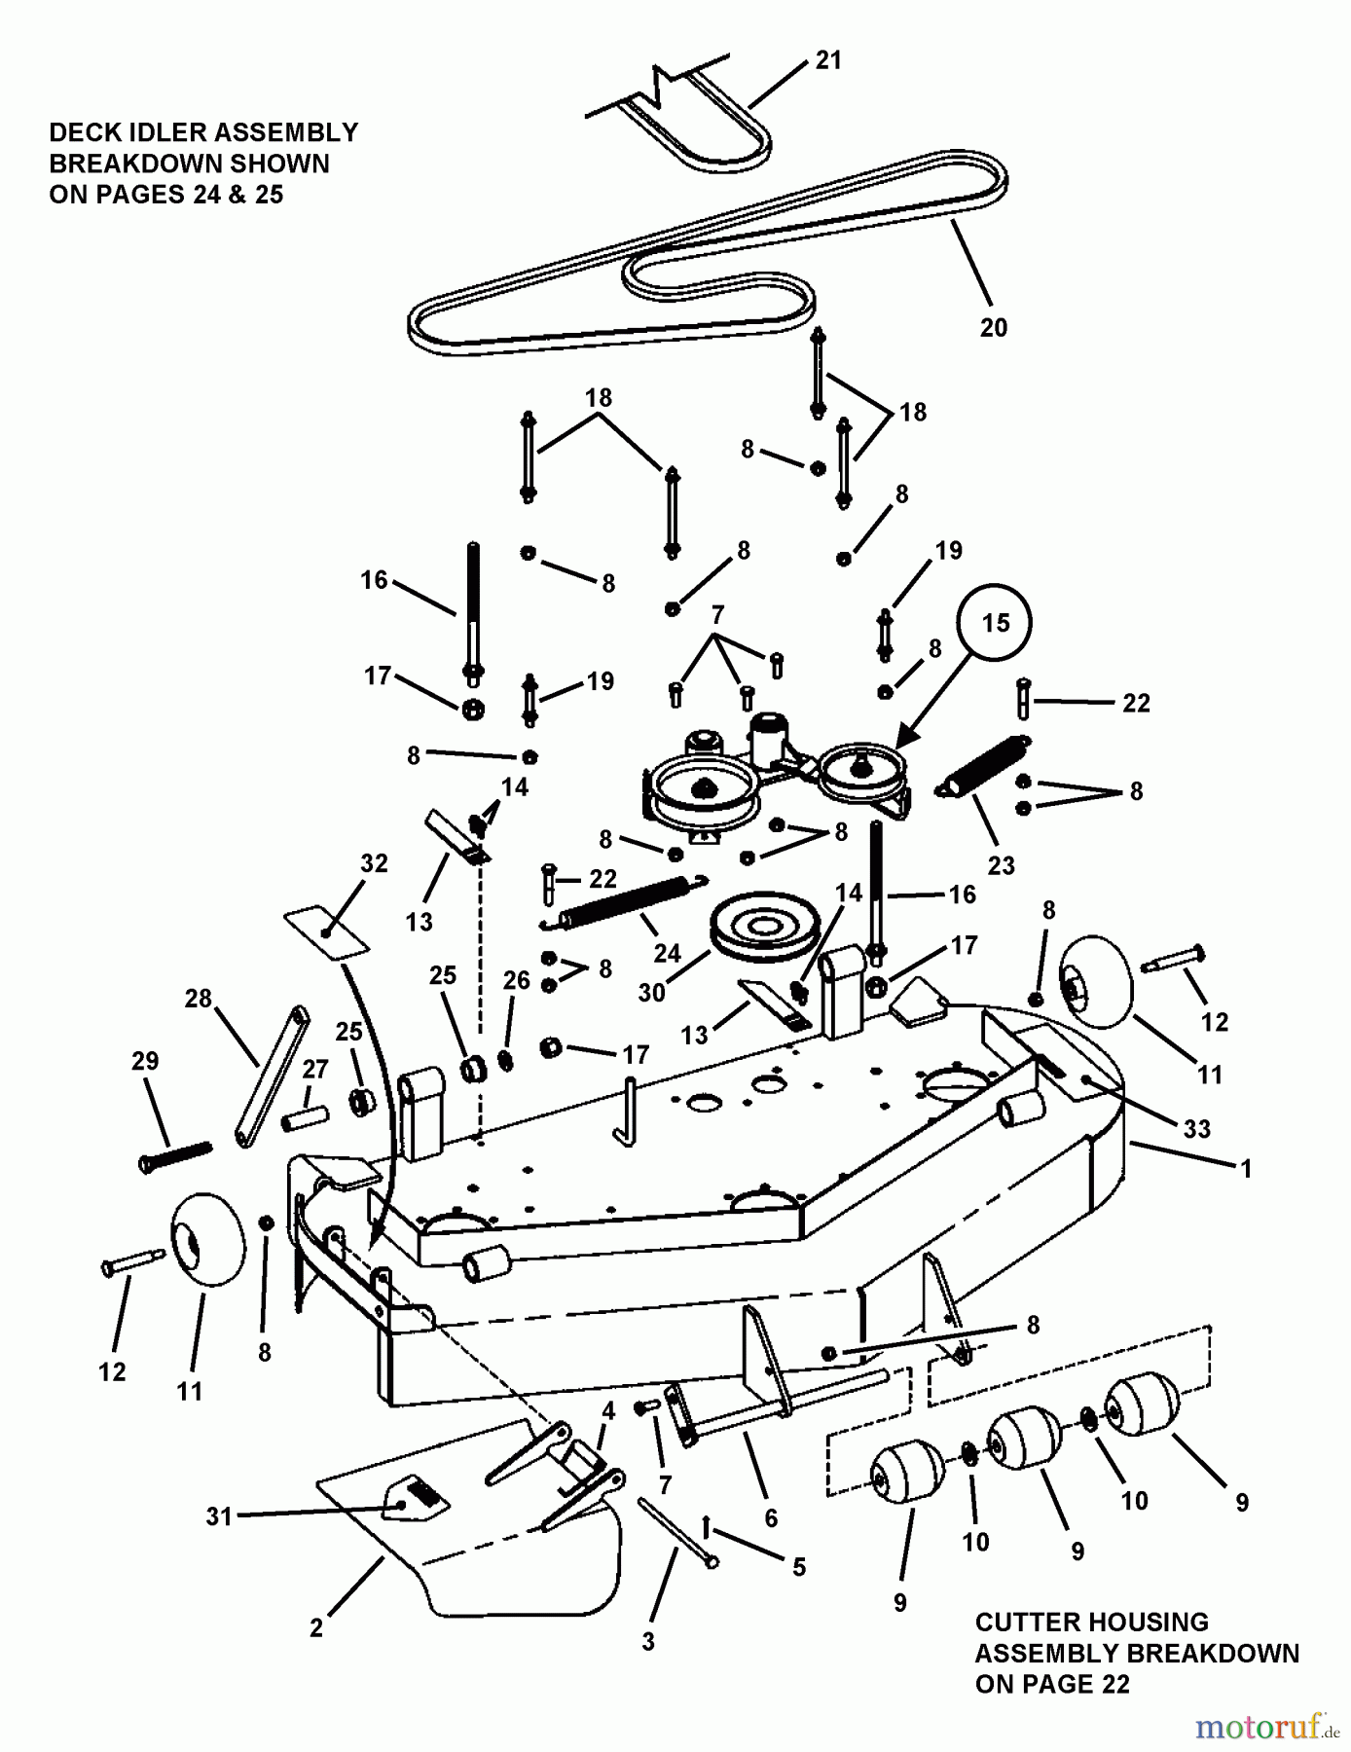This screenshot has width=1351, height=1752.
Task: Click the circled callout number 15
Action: tap(996, 623)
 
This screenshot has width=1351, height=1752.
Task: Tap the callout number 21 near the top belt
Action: tap(827, 60)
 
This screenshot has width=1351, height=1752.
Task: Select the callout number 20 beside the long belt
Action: tap(993, 327)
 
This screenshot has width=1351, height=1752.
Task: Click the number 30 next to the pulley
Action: tap(651, 992)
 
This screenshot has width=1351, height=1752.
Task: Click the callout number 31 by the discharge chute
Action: tap(219, 1515)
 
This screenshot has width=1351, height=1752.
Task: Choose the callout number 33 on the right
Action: tap(1196, 1128)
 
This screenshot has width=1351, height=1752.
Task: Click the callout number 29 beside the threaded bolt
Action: tap(145, 1060)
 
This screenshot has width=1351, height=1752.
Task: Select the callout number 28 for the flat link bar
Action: tap(199, 1000)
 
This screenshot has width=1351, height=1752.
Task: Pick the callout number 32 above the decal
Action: tap(374, 863)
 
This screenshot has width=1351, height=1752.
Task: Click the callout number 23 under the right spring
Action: tap(1001, 864)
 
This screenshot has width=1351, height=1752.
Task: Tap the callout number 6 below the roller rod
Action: tap(771, 1517)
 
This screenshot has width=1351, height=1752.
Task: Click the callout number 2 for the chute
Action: tap(315, 1627)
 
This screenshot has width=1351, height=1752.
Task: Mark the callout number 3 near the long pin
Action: tap(648, 1642)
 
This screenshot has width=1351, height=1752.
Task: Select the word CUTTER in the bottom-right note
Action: tap(1036, 1623)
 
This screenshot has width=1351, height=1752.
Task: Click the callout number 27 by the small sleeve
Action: tap(314, 1069)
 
